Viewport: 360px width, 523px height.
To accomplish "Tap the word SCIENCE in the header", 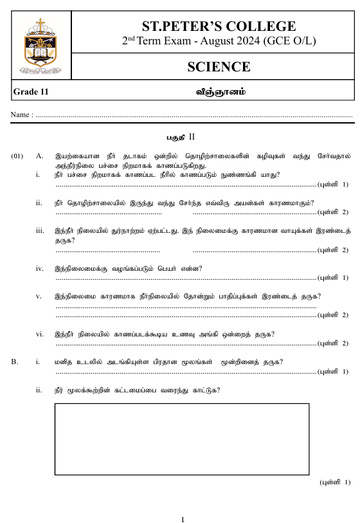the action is tap(219, 66).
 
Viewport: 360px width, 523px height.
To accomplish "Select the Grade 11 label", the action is tap(31, 92).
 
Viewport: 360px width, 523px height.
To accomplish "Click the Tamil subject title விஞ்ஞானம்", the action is tap(221, 92).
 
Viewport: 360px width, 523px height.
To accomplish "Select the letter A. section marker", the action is tap(40, 156).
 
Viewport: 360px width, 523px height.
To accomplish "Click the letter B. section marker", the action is tap(15, 362).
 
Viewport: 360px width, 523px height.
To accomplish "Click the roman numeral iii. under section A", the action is tap(40, 230).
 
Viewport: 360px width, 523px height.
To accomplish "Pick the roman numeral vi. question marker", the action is tap(40, 333).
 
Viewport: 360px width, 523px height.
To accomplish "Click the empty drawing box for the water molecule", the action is tap(182, 438).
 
